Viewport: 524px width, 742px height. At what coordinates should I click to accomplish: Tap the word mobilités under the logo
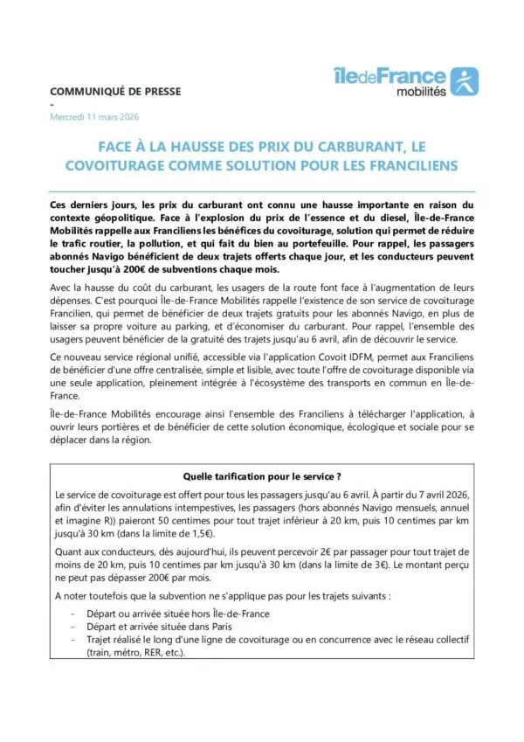(x=421, y=91)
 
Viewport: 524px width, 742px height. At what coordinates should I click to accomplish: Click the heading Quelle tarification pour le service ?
(x=261, y=476)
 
